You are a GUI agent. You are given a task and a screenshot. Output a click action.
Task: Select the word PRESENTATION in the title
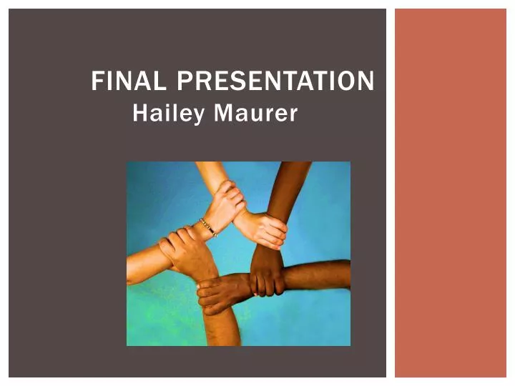point(275,82)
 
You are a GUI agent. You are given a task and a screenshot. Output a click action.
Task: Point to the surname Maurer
point(255,114)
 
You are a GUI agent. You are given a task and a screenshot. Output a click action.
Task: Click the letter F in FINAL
point(97,82)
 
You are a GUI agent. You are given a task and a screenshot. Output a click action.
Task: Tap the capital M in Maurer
point(223,114)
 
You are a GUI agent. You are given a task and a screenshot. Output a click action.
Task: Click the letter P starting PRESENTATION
point(183,82)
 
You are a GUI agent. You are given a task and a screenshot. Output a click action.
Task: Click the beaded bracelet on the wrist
point(208,227)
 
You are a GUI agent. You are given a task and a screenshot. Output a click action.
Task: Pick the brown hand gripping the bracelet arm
point(183,247)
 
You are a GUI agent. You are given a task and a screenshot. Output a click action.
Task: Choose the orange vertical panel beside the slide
point(450,193)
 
